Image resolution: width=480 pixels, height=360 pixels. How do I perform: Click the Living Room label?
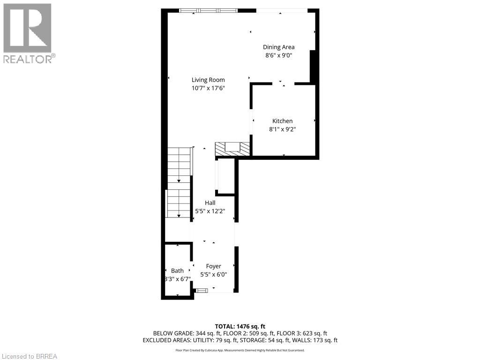[208, 80]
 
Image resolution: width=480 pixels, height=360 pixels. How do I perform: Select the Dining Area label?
[278, 47]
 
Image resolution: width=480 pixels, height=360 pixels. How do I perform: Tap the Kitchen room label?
[282, 121]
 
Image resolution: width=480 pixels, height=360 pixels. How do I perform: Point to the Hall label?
[210, 202]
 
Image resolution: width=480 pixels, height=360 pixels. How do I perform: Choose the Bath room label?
[177, 270]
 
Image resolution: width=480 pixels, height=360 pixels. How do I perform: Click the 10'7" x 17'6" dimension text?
[208, 88]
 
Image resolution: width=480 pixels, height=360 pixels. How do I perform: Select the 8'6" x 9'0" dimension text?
[278, 55]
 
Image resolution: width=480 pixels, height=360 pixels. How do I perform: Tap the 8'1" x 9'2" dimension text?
[282, 129]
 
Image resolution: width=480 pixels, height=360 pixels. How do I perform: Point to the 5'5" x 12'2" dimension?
[210, 211]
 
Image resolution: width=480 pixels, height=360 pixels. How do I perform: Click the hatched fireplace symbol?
[232, 149]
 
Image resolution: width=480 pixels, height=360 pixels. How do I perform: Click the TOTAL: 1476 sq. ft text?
[240, 326]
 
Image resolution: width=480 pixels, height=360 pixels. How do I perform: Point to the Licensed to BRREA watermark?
[29, 356]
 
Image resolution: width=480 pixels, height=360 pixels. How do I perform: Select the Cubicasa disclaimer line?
[240, 350]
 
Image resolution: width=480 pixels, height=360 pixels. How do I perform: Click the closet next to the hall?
[225, 177]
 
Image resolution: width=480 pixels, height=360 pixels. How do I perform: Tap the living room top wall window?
[209, 10]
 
